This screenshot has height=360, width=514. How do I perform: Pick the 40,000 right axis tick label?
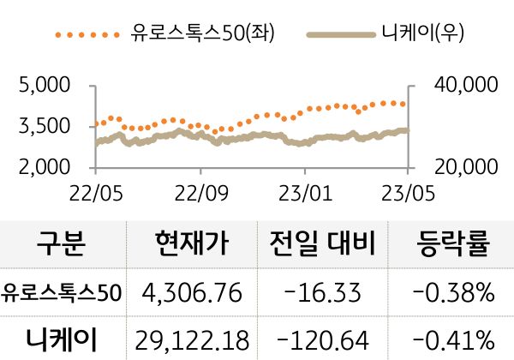[x=462, y=86]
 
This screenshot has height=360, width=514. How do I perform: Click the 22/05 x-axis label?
[x=94, y=190]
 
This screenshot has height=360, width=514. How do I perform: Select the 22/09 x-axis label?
[x=200, y=190]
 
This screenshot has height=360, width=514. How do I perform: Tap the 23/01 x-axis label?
[x=306, y=190]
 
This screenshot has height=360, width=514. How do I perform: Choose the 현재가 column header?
[x=193, y=245]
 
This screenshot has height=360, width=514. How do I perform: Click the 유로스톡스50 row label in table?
[x=63, y=294]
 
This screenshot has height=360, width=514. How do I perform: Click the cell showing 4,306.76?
[x=194, y=294]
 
